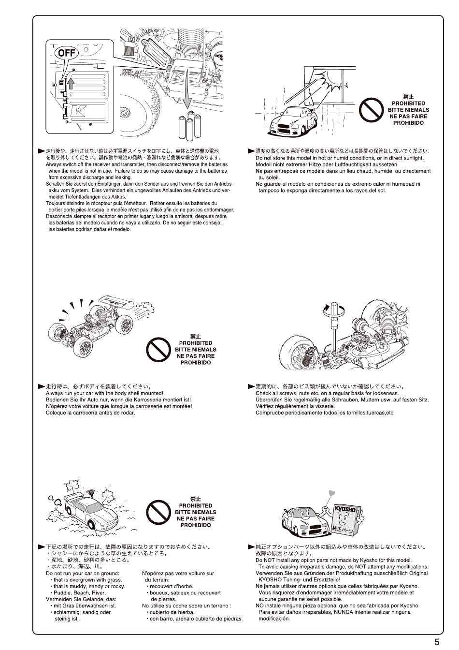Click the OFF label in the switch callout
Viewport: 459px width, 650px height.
tap(66, 53)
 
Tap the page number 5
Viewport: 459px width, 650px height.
tap(437, 642)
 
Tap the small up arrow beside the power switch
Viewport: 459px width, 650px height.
tap(70, 82)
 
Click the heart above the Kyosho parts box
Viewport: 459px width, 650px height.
tap(331, 494)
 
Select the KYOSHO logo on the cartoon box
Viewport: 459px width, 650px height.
tap(345, 509)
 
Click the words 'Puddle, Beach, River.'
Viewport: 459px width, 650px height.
tap(79, 592)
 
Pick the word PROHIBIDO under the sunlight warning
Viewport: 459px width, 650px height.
tap(408, 123)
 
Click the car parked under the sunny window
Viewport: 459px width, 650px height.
tap(290, 120)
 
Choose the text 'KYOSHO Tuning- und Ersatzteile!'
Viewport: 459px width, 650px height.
tap(300, 579)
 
